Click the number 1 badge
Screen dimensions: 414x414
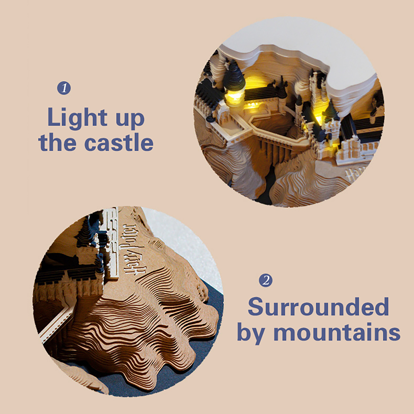click(64, 88)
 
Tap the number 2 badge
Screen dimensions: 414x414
click(266, 280)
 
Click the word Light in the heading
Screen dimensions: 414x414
click(77, 117)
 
